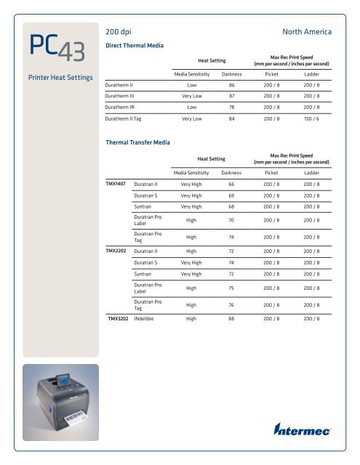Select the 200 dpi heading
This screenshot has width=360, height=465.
coord(119,33)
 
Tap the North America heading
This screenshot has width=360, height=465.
coord(306,33)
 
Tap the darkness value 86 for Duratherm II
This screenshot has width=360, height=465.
coord(232,84)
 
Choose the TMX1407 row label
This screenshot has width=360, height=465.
coord(118,185)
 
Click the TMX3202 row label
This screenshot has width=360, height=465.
coord(119,318)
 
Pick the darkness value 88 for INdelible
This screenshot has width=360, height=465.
coord(232,318)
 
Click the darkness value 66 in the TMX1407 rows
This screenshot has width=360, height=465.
coord(232,185)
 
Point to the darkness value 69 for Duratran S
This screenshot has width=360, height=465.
coord(232,195)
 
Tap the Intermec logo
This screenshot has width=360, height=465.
coord(302,429)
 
